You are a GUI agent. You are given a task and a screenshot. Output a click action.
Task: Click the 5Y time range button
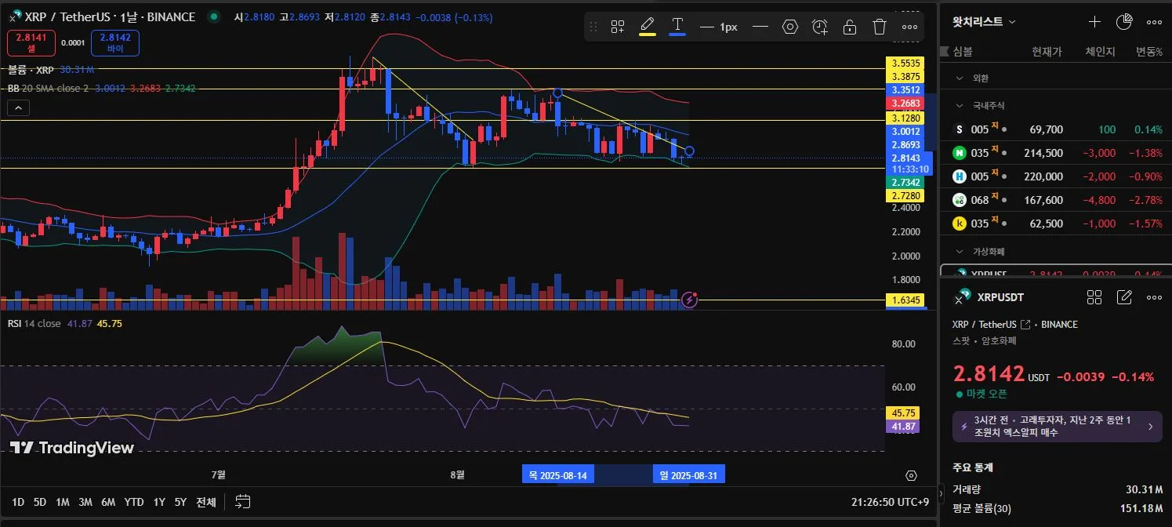pos(180,502)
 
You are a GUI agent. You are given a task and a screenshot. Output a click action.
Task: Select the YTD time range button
pos(134,502)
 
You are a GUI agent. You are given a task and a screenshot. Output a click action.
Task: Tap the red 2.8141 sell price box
pos(31,43)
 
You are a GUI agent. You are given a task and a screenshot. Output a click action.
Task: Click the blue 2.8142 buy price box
pos(114,43)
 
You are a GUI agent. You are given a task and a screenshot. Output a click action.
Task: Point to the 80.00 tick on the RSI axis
pos(904,343)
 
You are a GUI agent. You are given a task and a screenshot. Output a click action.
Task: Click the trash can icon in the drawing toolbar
pos(880,27)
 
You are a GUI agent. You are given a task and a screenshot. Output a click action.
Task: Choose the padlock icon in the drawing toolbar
pos(850,27)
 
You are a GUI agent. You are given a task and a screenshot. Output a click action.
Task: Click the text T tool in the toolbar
pos(677,26)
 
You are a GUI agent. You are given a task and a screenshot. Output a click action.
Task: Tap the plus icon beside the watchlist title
pos(1094,22)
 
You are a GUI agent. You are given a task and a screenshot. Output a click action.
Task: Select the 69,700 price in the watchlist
pos(1044,129)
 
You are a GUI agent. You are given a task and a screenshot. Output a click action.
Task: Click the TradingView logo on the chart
pos(72,448)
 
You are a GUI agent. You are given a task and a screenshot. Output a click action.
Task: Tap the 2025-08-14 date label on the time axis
pos(557,474)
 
